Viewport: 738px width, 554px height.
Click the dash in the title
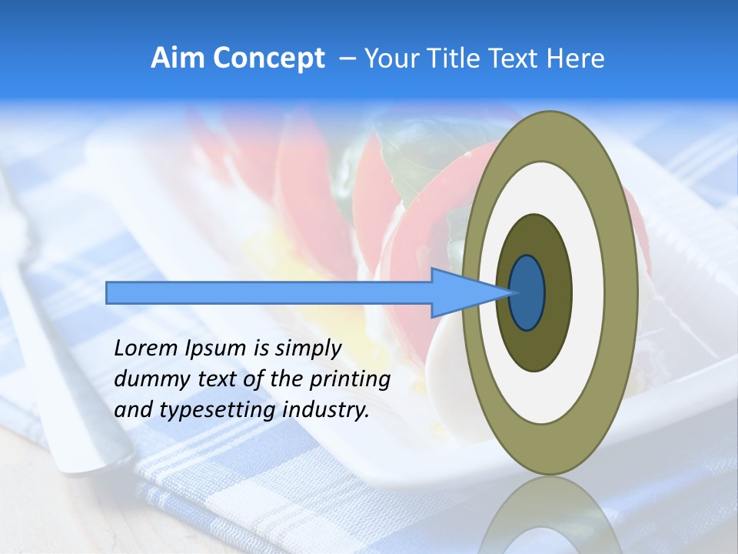point(347,58)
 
